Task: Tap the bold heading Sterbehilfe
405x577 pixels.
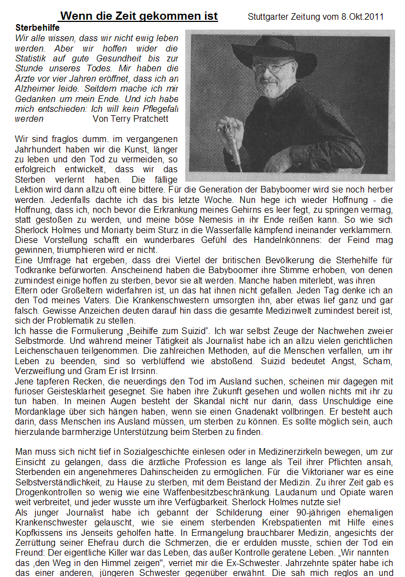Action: click(x=37, y=26)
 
